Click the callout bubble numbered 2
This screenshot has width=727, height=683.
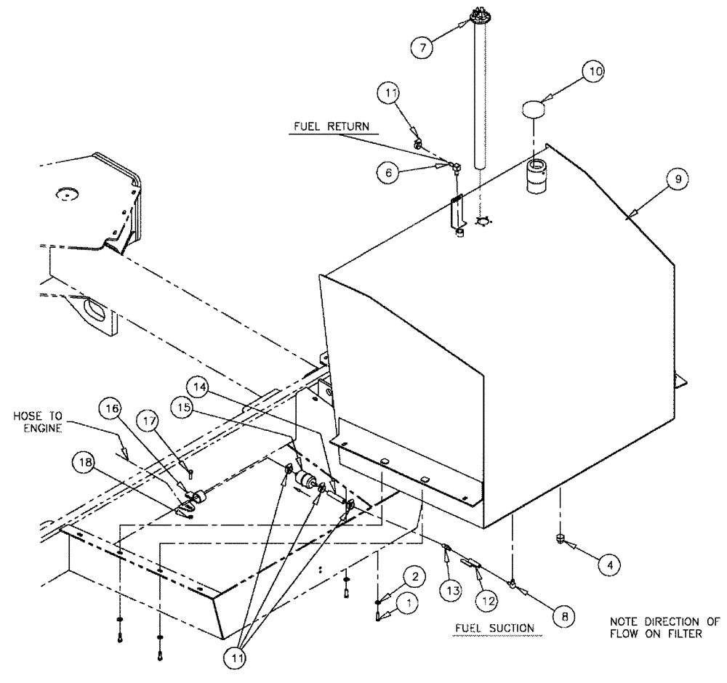pyautogui.click(x=411, y=578)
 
